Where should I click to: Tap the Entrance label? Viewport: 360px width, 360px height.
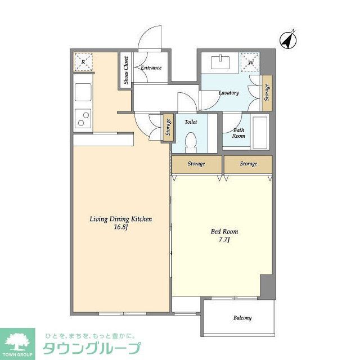point(151,68)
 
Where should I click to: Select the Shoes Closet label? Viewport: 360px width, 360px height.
point(127,70)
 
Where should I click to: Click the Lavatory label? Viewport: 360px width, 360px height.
point(229,93)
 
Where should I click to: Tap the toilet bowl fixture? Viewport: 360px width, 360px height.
point(190,141)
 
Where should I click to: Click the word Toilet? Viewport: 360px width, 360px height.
point(190,120)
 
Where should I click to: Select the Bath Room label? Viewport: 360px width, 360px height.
point(239,133)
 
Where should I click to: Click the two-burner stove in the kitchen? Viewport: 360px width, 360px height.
point(83,119)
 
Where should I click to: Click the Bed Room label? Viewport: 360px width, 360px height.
point(224,232)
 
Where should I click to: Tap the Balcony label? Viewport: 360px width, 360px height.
point(242,318)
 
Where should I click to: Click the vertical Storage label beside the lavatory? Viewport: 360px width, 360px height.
point(267,92)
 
